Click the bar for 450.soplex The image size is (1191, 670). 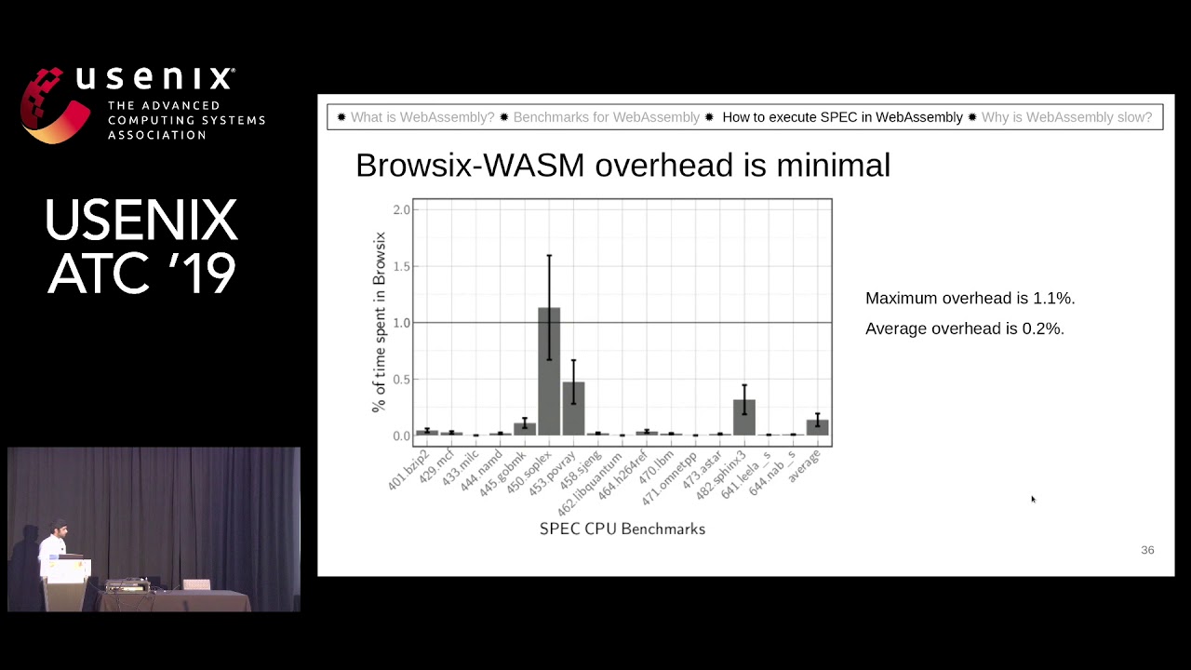coord(549,372)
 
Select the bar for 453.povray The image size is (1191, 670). coord(573,409)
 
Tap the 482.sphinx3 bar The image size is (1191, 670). coord(744,418)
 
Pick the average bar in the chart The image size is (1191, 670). coord(817,427)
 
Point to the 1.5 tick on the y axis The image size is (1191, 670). coord(401,266)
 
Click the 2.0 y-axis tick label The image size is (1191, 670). coord(401,209)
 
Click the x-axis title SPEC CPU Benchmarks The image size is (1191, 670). coord(622,529)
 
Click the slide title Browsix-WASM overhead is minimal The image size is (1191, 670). coord(622,165)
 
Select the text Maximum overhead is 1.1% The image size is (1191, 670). coord(970,298)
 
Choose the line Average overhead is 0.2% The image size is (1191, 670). coord(964,328)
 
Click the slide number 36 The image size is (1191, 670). coord(1147,550)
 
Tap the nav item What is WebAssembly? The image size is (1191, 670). coord(422,117)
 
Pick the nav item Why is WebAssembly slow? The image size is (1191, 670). coord(1066,117)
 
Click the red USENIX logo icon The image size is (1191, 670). coord(56,104)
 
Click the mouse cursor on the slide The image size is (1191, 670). coord(1032,499)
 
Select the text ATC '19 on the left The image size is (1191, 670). coord(141,273)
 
